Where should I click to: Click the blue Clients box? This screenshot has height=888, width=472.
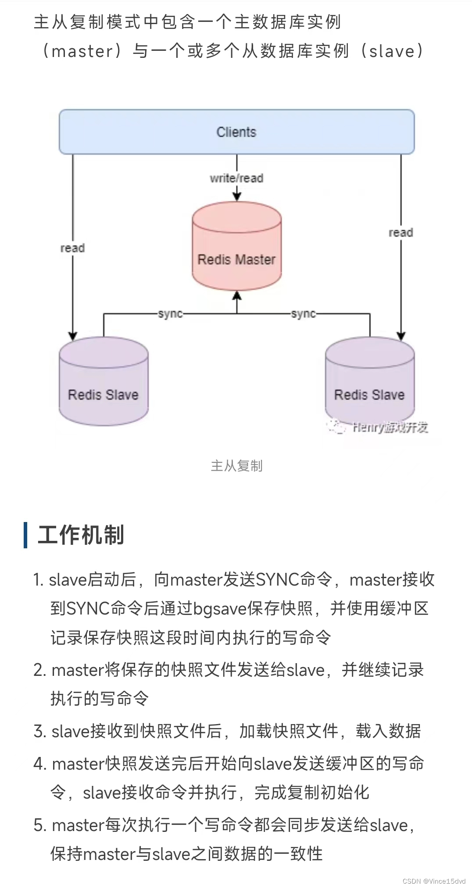(236, 132)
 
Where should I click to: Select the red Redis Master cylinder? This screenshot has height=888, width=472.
(236, 248)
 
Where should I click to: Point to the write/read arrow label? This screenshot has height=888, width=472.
(236, 178)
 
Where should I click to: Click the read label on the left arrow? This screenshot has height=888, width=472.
(72, 248)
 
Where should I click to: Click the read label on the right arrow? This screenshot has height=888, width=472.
(400, 233)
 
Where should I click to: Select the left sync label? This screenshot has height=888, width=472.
(170, 314)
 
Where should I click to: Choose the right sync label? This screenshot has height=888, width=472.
(303, 314)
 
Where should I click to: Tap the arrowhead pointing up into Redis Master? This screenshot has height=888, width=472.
(237, 296)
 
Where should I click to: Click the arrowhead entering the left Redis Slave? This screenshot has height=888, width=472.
(73, 336)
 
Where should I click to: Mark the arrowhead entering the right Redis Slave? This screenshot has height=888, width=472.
(400, 336)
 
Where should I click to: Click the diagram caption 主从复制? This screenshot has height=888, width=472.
(236, 465)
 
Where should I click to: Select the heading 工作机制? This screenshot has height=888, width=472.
(81, 535)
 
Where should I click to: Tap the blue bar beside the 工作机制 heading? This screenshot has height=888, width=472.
(26, 535)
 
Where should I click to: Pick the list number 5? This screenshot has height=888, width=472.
(38, 825)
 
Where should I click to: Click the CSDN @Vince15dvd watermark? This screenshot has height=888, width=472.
(433, 881)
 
